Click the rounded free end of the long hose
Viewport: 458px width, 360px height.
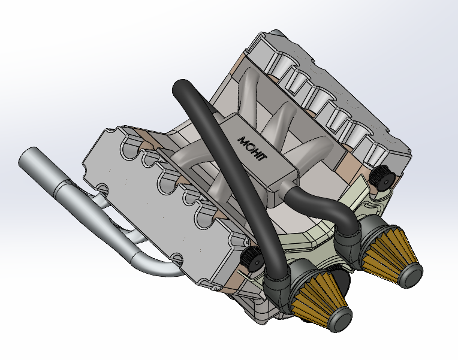click(x=179, y=89)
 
